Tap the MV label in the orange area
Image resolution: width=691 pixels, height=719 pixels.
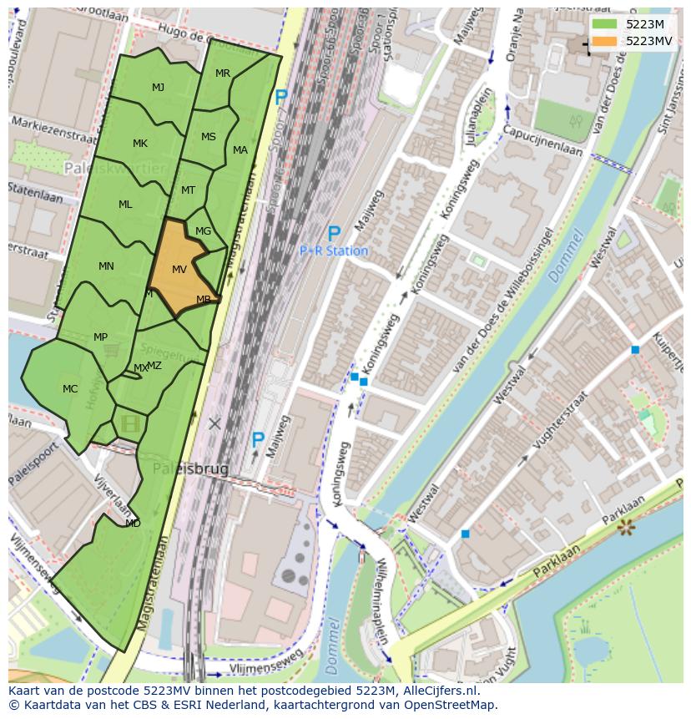coord(179,269)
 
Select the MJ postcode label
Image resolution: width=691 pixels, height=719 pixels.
coord(158,87)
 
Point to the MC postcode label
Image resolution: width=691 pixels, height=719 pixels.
coord(70,388)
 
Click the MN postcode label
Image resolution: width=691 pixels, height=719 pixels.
coord(106,266)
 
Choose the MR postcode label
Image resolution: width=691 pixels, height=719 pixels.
coord(223,73)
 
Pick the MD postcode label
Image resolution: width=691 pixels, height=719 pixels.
coord(133,523)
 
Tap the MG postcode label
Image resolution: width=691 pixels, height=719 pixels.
coord(203,231)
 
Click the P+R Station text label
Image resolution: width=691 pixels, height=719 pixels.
coord(334,251)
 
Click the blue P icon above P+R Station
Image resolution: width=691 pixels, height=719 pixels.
coord(334,234)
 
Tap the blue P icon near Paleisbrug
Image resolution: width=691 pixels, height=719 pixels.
coord(258,439)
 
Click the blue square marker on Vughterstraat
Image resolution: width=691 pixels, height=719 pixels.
coord(635,349)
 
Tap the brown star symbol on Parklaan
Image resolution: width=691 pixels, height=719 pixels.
coord(625,527)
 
